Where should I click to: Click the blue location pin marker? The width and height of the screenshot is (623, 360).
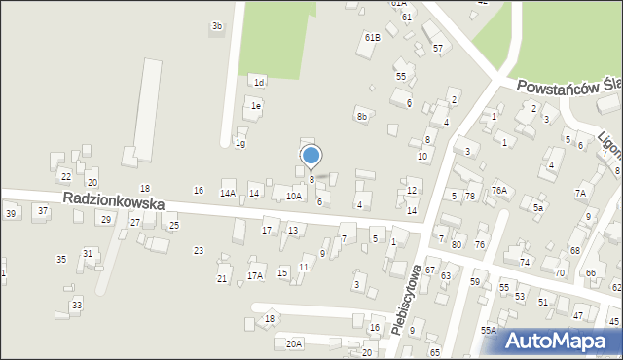coord(311,156)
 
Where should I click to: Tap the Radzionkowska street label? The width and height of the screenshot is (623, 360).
coord(114,199)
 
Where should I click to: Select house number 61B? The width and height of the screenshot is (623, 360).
coord(372,37)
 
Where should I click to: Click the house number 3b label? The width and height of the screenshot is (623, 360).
coord(217,26)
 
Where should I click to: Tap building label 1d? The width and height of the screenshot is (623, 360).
coord(259,82)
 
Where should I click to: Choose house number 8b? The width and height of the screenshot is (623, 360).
coord(362,117)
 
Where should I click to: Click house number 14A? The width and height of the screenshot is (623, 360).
coord(228,194)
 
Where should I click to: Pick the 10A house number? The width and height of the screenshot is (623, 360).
coord(293,196)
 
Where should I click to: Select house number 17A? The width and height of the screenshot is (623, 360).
coord(254,276)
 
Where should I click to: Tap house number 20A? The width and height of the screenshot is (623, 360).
coord(293,343)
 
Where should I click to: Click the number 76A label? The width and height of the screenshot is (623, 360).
coord(499,191)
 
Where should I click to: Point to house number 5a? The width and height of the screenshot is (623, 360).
coord(537,207)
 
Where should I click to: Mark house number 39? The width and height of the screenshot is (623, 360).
coord(11,213)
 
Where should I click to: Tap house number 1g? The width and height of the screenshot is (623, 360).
coord(239,144)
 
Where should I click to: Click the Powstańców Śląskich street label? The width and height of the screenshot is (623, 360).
coord(568,86)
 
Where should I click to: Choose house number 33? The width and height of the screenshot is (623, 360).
coord(76,305)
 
